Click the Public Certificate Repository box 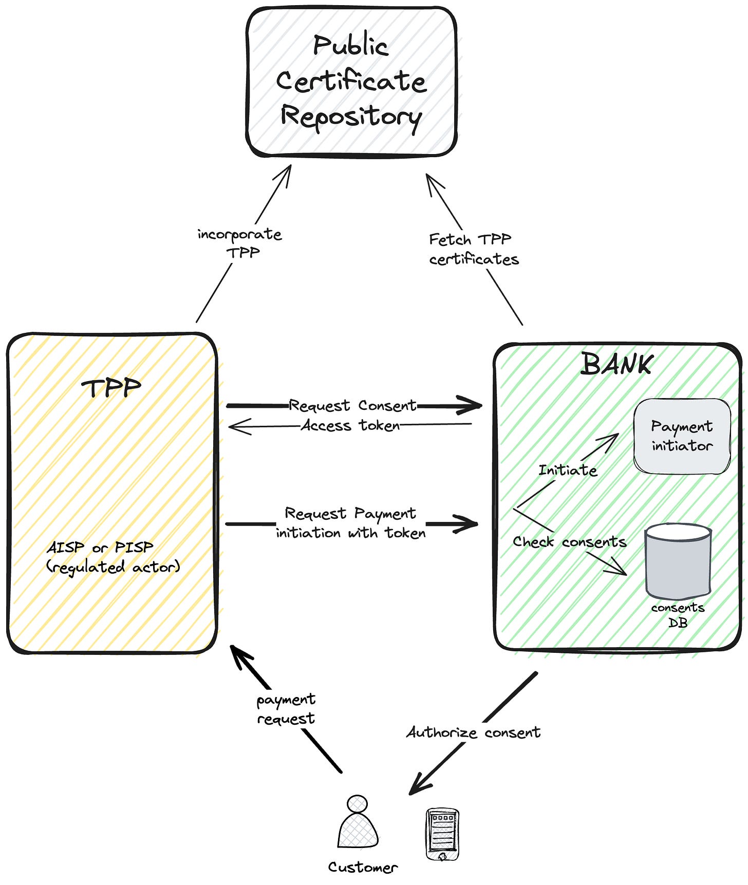pos(351,82)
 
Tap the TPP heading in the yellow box pos(111,388)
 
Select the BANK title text pos(616,364)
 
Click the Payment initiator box pos(682,436)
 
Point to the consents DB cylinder pos(678,561)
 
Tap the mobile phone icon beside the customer pos(442,834)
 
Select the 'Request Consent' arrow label pos(352,405)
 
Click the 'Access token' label pos(350,425)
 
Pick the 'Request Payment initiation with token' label pos(351,523)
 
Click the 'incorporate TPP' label pos(240,243)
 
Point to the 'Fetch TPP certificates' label pos(474,249)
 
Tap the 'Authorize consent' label pos(473,732)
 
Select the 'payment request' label pos(286,709)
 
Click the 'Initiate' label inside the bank pos(568,470)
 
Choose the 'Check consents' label pos(570,542)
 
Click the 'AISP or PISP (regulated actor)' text pos(113,557)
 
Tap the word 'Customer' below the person pos(363,867)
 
